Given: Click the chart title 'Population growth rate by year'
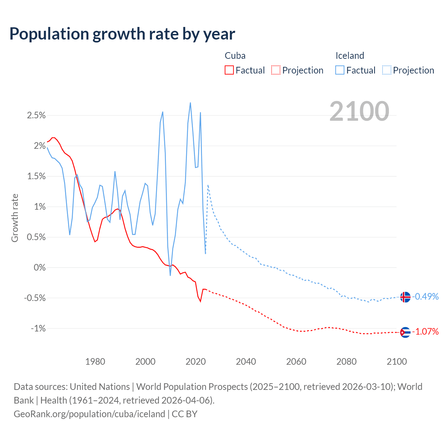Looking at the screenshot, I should (x=122, y=34).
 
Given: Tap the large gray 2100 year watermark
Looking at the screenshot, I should (x=359, y=111).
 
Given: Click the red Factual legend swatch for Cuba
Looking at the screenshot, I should (x=229, y=70).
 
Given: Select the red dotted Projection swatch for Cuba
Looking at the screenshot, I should (x=275, y=70).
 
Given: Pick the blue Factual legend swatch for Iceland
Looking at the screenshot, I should (x=339, y=70).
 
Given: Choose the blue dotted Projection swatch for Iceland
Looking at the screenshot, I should (x=386, y=70).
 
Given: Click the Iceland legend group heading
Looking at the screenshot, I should (x=350, y=56).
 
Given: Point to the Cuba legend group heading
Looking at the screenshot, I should (x=235, y=56).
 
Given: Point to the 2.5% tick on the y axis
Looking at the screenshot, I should (x=36, y=115).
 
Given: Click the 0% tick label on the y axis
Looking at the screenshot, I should (x=40, y=267).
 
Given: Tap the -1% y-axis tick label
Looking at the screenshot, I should (x=38, y=328).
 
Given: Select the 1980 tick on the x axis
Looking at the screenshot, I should (x=95, y=362).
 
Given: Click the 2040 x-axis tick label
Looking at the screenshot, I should (x=246, y=362).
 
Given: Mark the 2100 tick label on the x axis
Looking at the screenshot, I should (x=397, y=362).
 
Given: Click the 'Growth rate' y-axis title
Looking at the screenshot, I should (x=15, y=218).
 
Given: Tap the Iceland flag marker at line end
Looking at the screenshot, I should (x=405, y=297).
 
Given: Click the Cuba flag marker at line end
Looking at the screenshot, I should (x=405, y=332).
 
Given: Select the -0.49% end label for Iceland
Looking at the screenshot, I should (x=425, y=297).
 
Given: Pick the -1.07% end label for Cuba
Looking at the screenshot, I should (x=425, y=332).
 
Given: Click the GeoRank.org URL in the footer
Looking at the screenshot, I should (x=89, y=414).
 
